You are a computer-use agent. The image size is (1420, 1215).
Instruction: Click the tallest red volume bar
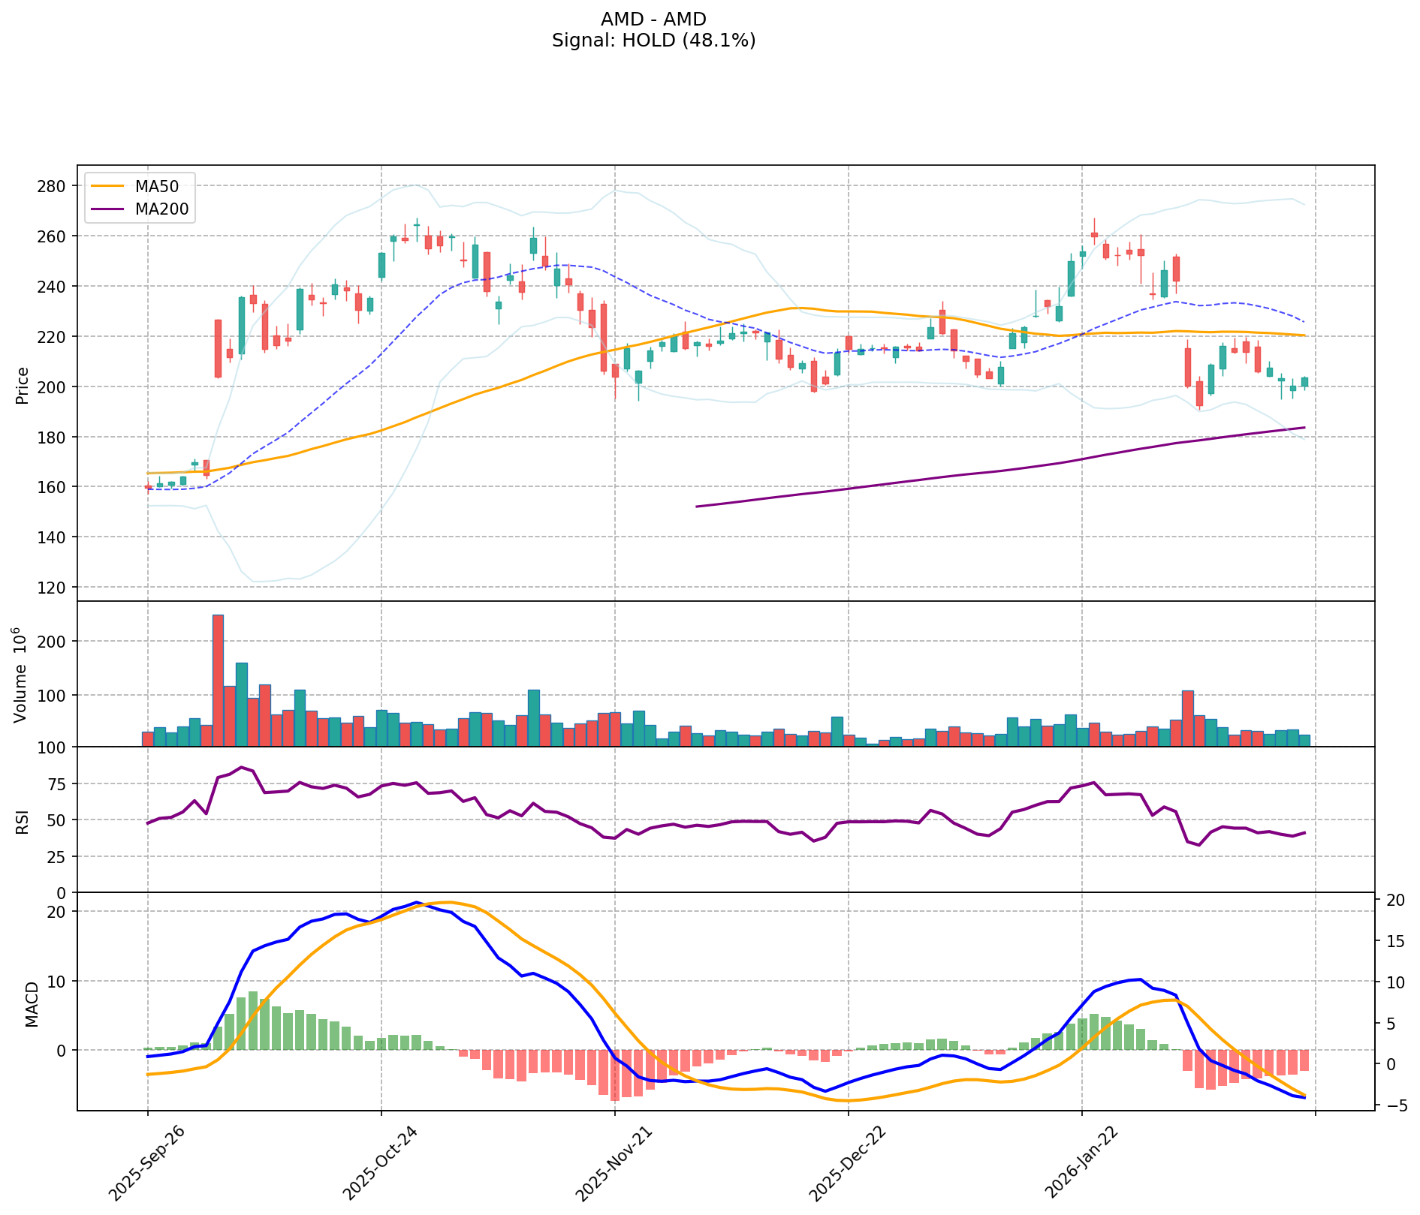pos(218,680)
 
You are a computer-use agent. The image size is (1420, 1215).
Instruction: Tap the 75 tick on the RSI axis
pos(58,783)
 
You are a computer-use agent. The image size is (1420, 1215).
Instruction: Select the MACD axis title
pos(32,1004)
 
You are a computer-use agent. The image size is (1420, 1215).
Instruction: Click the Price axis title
pos(22,386)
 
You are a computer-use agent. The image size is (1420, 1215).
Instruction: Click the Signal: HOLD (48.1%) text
pos(653,41)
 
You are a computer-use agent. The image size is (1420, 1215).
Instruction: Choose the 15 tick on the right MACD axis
pos(1394,940)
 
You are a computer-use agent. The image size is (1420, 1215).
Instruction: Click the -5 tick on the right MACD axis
pos(1394,1105)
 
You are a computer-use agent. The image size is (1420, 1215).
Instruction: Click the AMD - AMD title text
pos(653,20)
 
